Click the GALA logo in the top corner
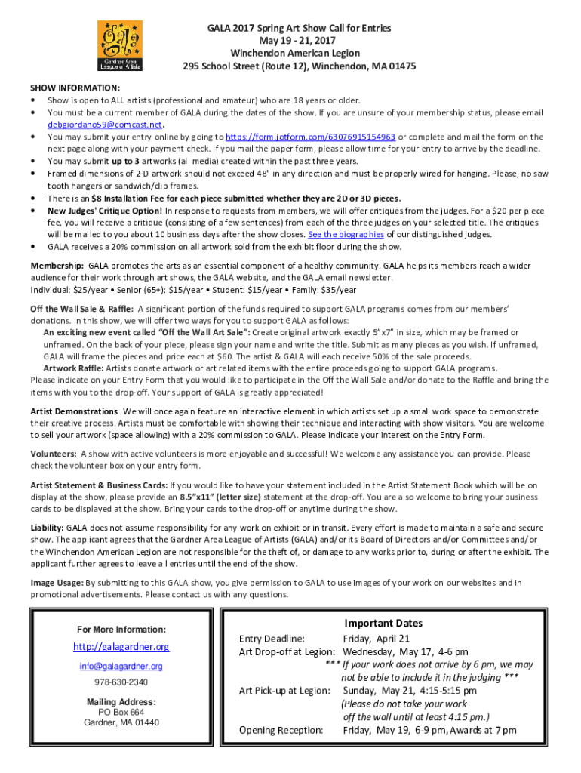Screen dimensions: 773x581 119,45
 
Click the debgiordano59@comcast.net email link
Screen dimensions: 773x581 105,125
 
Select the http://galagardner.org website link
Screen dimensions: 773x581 121,647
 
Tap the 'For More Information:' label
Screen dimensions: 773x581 121,630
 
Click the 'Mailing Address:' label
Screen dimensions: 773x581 121,702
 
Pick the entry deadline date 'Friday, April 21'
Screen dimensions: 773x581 383,639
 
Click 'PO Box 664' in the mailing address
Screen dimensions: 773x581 121,712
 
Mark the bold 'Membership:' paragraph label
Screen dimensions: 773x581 57,266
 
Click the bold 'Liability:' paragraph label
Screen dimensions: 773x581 47,528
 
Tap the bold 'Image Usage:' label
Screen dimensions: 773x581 57,583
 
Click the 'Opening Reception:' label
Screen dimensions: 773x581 281,730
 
